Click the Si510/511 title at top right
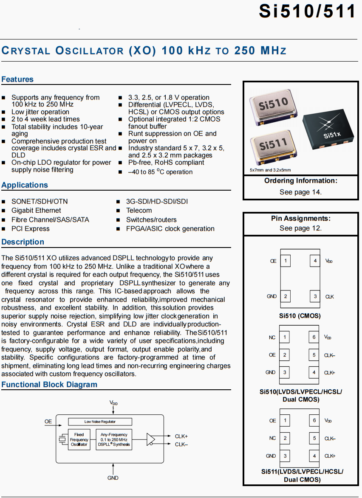307,11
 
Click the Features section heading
17,79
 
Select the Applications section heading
25,185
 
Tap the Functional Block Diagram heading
49,385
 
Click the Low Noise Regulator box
100,422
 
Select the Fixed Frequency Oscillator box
79,440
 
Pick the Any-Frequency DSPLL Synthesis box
114,440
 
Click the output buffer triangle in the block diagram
151,439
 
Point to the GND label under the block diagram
113,478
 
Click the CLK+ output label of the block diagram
181,436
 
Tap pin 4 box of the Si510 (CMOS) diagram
315,261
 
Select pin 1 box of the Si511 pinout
285,421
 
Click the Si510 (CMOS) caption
300,316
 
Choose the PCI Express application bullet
30,229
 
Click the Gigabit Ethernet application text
36,211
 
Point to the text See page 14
300,192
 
